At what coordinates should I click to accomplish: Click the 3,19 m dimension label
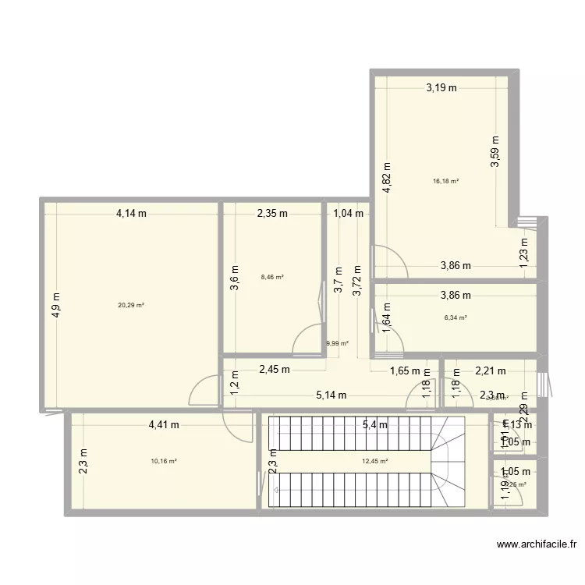[x=441, y=88]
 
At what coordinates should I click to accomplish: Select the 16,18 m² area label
[x=445, y=181]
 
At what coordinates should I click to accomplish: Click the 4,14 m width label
[x=132, y=213]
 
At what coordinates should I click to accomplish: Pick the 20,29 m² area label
[x=131, y=305]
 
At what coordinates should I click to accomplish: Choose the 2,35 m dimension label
[x=273, y=213]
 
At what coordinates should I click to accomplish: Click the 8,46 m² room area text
[x=272, y=276]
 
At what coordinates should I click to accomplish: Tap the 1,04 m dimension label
[x=348, y=213]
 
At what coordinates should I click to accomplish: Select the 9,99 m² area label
[x=337, y=342]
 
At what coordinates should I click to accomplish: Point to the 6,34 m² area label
[x=456, y=317]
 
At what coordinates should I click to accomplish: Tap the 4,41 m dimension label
[x=164, y=425]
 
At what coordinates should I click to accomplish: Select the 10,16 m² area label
[x=164, y=461]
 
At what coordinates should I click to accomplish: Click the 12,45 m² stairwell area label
[x=374, y=461]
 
